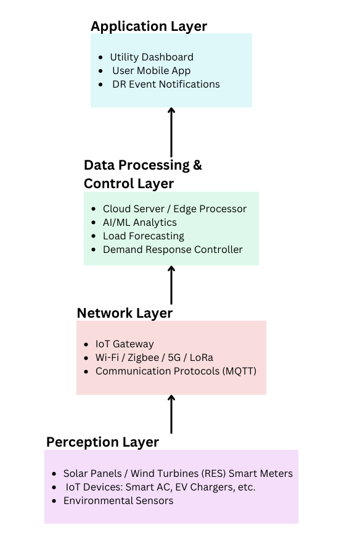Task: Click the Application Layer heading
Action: pyautogui.click(x=149, y=27)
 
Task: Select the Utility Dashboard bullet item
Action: pyautogui.click(x=152, y=57)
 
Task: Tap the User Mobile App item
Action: pyautogui.click(x=152, y=71)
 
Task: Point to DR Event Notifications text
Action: pyautogui.click(x=166, y=84)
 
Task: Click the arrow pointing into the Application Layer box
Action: pyautogui.click(x=171, y=132)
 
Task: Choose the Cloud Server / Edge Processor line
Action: pyautogui.click(x=174, y=209)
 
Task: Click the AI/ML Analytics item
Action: pyautogui.click(x=140, y=223)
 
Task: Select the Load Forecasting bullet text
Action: pyautogui.click(x=144, y=236)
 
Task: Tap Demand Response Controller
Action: pyautogui.click(x=173, y=249)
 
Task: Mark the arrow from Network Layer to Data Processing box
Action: pyautogui.click(x=171, y=285)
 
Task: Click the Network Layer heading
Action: pyautogui.click(x=125, y=313)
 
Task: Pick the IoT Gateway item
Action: pyautogui.click(x=125, y=344)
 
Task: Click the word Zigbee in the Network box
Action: pyautogui.click(x=143, y=358)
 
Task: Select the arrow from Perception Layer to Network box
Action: pyautogui.click(x=171, y=414)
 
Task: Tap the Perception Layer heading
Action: pyautogui.click(x=103, y=442)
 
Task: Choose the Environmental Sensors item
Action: pyautogui.click(x=118, y=501)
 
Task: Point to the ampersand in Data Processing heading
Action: pyautogui.click(x=197, y=165)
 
